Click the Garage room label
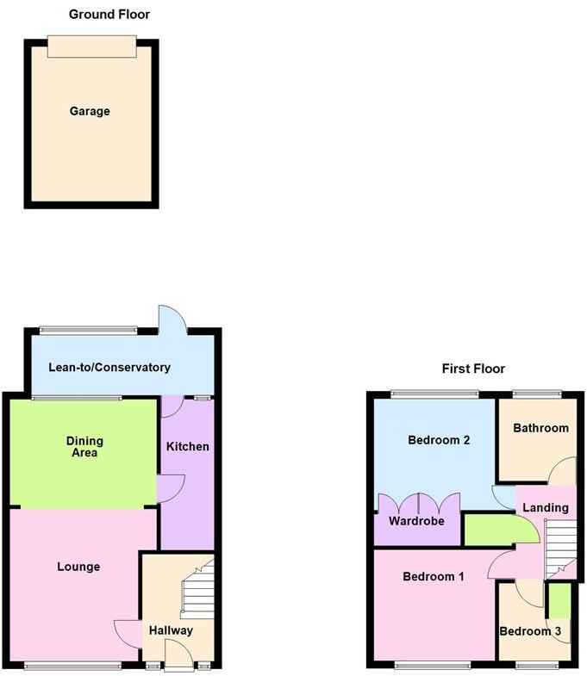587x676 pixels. point(91,111)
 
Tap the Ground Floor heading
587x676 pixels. point(109,15)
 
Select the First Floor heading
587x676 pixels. point(473,369)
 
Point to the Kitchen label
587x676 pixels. point(188,447)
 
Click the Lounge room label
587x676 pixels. point(78,567)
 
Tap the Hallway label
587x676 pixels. point(170,630)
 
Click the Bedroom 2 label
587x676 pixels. point(439,440)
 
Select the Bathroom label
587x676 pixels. point(540,428)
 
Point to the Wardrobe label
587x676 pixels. point(415,521)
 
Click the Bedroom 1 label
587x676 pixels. point(434,576)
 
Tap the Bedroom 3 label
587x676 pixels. point(531,631)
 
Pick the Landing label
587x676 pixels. point(546,507)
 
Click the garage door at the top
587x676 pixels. point(91,47)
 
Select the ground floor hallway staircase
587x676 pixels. point(197,589)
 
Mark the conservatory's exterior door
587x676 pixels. point(172,319)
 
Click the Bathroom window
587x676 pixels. point(537,394)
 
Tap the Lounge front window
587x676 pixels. point(72,665)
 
